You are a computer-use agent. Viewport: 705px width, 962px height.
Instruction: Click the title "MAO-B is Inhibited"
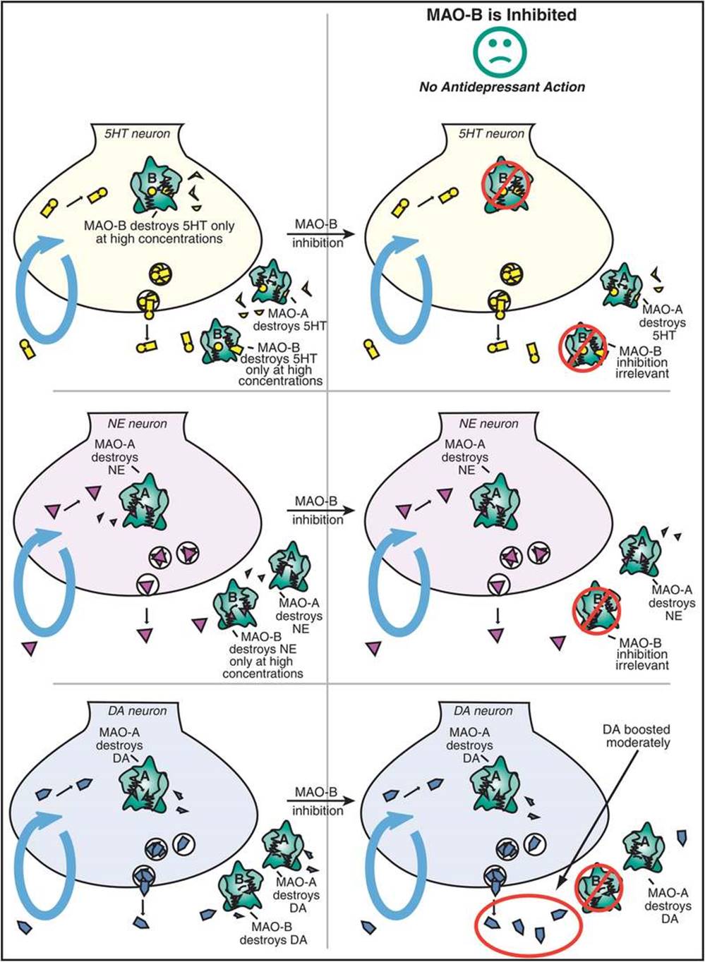501,14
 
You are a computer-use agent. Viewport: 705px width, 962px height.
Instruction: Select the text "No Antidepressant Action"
502,87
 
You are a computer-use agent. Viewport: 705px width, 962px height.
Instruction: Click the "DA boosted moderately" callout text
636,736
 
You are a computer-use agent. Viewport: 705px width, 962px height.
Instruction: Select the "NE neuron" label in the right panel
488,424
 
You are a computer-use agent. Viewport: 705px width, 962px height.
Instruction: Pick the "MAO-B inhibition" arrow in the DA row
319,802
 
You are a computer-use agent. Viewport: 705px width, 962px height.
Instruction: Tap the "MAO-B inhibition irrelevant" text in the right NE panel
642,654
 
